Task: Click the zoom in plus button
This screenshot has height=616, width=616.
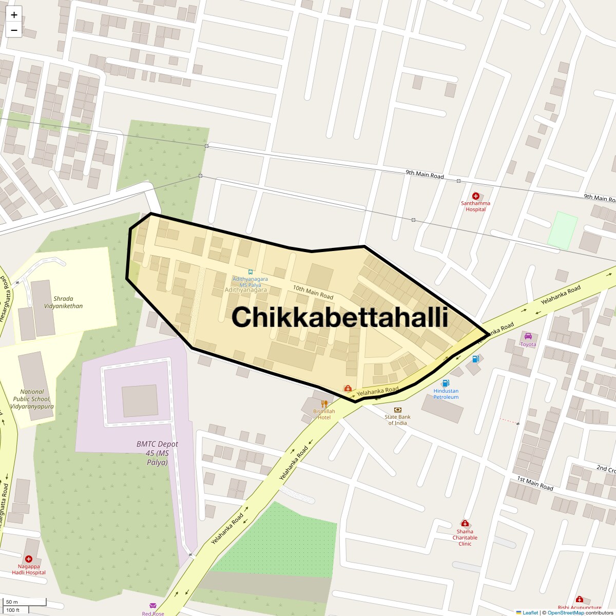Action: (14, 15)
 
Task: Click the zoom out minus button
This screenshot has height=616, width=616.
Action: (14, 30)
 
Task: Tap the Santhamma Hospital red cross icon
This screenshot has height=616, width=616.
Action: (475, 196)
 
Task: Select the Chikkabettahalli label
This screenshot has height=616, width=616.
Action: (340, 317)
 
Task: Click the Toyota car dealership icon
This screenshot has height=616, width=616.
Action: (528, 336)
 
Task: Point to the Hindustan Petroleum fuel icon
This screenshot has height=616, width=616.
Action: (446, 383)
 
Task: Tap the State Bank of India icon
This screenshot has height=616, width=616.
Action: (398, 410)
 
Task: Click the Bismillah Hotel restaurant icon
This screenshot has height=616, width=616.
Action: (324, 403)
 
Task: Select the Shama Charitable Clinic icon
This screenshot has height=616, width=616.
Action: (465, 524)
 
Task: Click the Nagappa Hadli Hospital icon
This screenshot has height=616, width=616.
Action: (29, 559)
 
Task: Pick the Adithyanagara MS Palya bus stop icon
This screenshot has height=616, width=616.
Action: (250, 272)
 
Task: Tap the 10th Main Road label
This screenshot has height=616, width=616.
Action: (313, 292)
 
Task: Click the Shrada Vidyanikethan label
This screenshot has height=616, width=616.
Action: (63, 302)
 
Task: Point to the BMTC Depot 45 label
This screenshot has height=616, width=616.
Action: (157, 453)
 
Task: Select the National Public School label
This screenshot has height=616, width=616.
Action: (32, 399)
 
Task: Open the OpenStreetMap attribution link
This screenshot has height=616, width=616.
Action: (565, 612)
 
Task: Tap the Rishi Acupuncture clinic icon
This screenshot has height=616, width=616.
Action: (580, 600)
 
